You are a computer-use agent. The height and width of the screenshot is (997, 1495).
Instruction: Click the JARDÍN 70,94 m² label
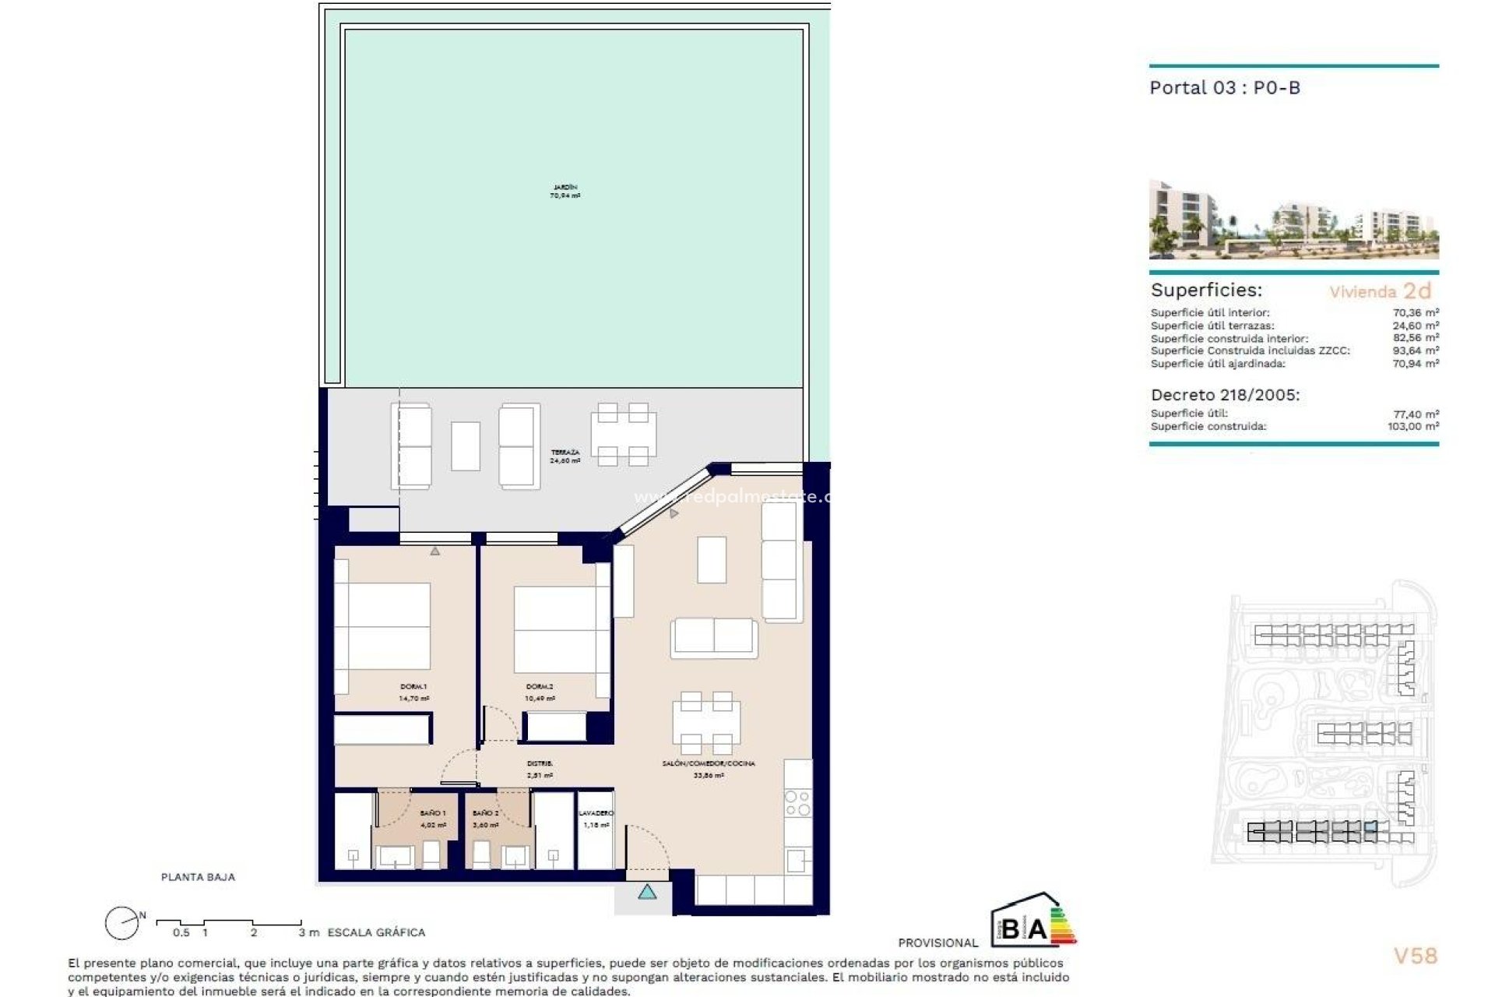click(x=565, y=192)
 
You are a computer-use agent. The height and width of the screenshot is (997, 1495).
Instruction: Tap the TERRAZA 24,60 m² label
click(x=565, y=456)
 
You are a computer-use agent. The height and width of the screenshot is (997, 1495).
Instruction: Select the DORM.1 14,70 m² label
click(x=413, y=692)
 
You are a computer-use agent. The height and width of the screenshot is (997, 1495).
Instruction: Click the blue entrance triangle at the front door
click(x=647, y=892)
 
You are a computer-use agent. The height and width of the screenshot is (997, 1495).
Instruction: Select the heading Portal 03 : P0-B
click(x=1225, y=88)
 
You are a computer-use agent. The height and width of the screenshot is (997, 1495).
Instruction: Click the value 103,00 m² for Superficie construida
click(x=1412, y=427)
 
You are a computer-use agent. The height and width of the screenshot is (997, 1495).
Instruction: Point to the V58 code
click(x=1415, y=956)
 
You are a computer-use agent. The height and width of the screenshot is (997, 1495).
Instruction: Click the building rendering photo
click(x=1293, y=220)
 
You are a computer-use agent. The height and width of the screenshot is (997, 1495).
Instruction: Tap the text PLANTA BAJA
click(x=198, y=877)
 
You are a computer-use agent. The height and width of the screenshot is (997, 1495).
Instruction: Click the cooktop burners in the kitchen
click(x=797, y=803)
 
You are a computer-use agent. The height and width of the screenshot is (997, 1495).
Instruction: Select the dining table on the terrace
click(x=623, y=434)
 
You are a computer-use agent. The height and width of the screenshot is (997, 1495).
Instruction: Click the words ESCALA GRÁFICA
click(x=376, y=932)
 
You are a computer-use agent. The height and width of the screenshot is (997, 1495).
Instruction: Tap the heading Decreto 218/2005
click(x=1225, y=395)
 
